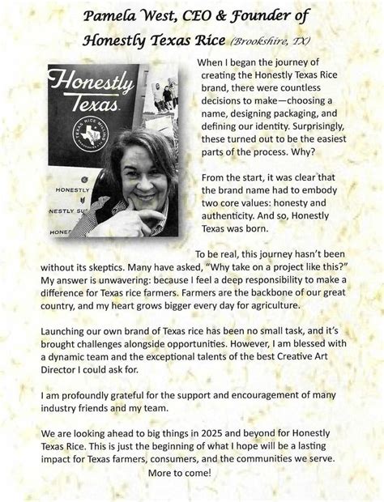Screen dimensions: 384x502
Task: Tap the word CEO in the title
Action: tap(204, 16)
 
